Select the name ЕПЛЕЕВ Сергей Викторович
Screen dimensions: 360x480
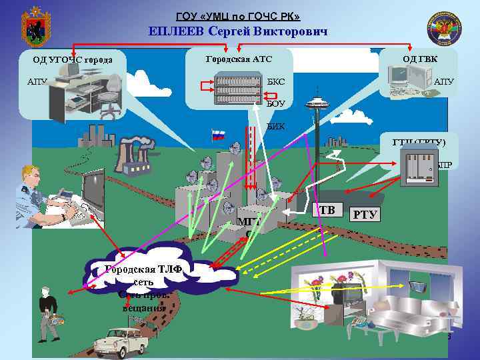point(238,31)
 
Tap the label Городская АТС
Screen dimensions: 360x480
point(239,59)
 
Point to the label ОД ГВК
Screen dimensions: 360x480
point(420,59)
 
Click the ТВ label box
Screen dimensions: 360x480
point(327,211)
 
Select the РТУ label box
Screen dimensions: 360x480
point(365,214)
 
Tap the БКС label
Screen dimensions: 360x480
point(276,82)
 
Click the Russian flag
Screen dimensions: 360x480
point(218,135)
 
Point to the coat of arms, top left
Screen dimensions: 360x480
point(31,28)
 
